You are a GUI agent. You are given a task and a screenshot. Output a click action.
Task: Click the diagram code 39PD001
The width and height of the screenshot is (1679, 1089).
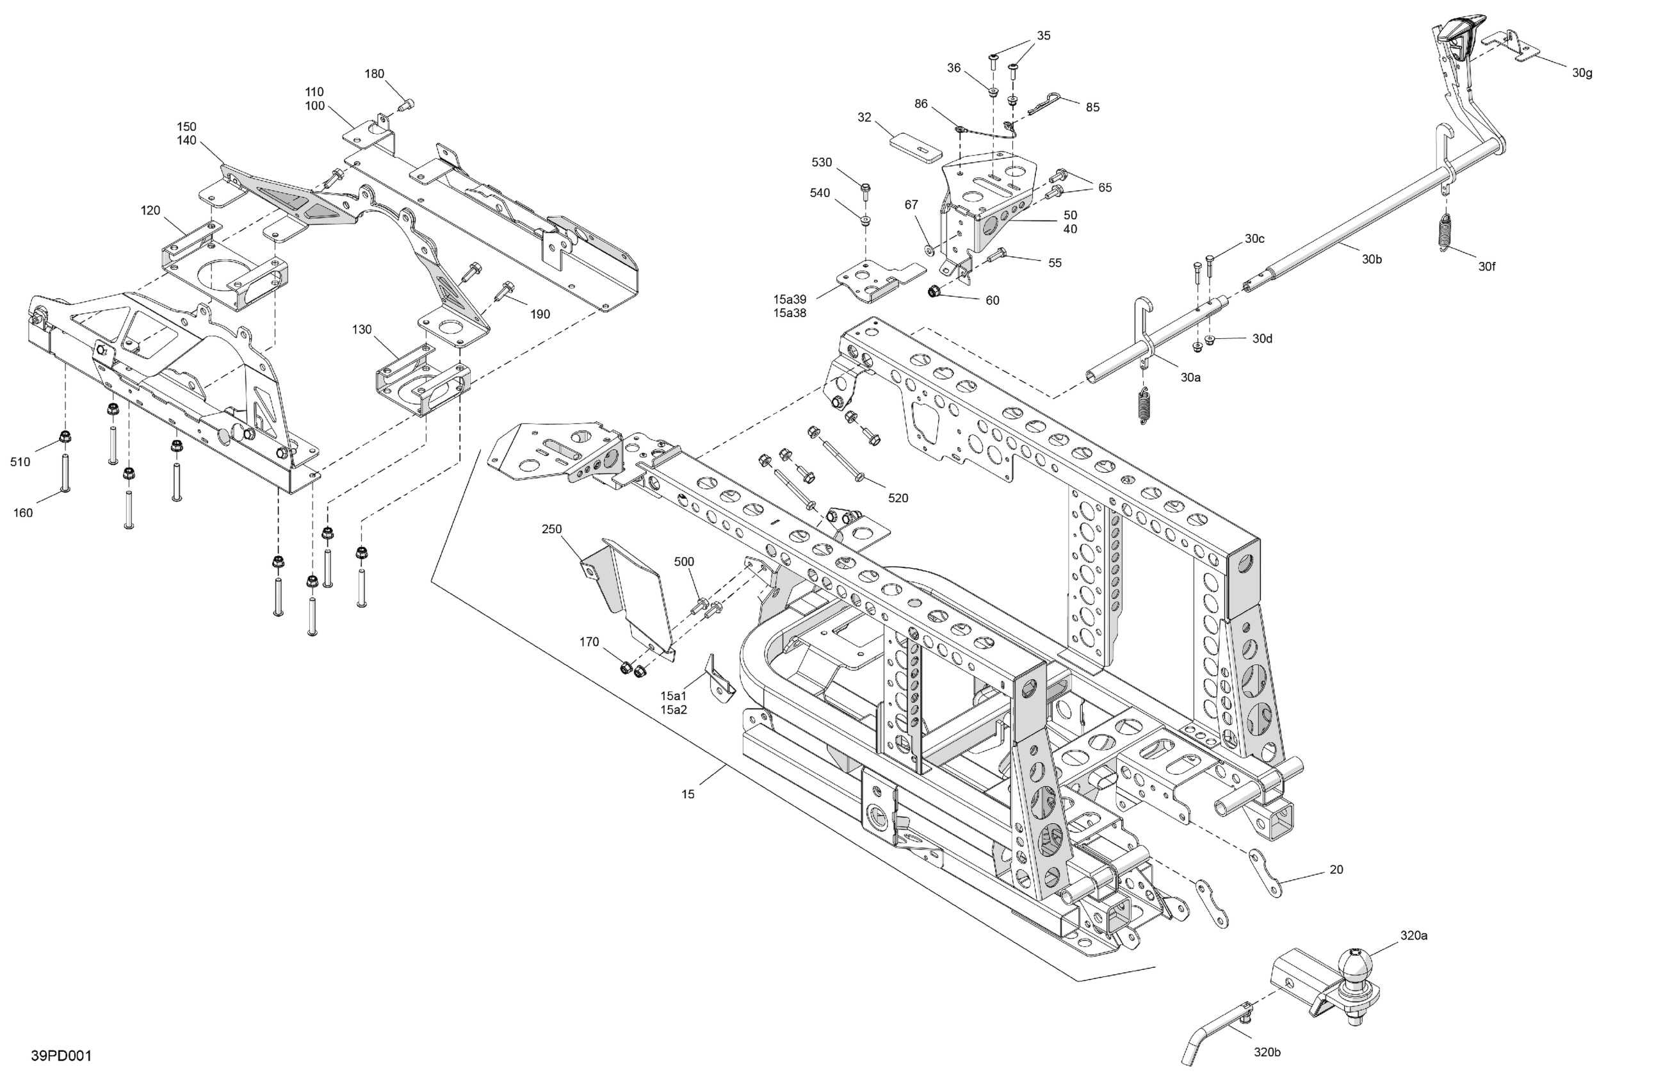click(61, 1056)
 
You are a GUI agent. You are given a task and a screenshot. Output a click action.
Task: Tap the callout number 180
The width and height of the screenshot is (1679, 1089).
click(374, 74)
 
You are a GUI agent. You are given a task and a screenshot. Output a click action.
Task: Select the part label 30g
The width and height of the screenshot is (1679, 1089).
click(1582, 72)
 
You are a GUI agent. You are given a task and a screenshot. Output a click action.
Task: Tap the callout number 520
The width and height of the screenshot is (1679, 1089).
click(897, 498)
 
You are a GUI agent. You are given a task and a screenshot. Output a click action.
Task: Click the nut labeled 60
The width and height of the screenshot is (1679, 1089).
click(934, 291)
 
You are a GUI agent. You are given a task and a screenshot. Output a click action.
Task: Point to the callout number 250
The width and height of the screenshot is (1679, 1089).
click(552, 528)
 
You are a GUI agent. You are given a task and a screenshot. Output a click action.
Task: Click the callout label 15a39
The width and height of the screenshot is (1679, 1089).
click(790, 299)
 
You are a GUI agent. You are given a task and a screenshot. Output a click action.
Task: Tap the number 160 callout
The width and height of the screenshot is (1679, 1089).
click(23, 513)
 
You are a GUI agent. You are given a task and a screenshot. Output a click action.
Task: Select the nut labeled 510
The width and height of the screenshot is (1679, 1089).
click(65, 436)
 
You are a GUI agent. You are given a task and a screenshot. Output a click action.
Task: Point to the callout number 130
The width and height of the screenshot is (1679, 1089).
click(362, 330)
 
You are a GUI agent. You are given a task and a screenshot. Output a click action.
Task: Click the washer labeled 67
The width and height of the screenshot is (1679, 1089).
click(929, 249)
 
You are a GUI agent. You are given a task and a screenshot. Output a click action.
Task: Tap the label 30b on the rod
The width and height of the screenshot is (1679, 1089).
click(1372, 259)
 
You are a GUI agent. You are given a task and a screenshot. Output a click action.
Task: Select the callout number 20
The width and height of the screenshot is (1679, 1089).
click(1336, 869)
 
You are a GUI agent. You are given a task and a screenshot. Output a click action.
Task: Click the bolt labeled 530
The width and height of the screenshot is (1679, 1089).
click(866, 188)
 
